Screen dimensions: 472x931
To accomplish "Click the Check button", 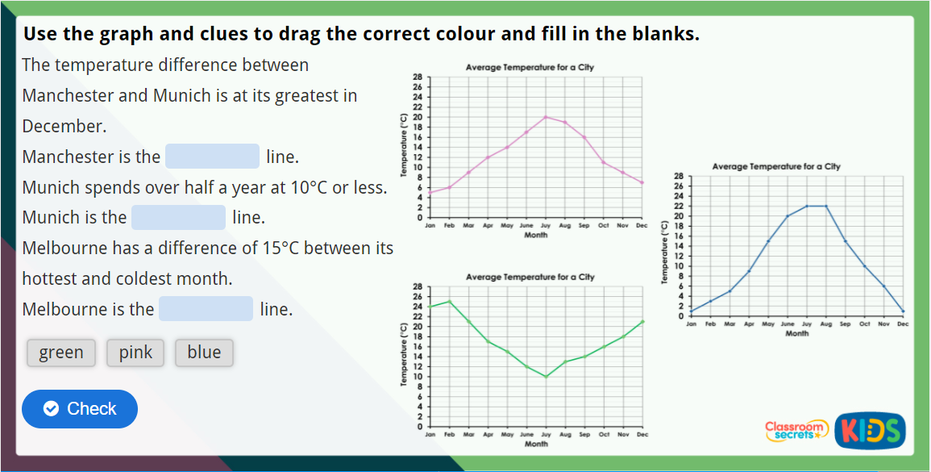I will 80,409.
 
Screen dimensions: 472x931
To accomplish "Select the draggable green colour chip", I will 61,353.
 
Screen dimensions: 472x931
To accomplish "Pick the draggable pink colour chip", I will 135,353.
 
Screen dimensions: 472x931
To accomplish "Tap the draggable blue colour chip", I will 204,353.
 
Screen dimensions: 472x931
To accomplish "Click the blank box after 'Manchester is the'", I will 212,157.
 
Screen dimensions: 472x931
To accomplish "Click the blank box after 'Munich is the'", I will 178,218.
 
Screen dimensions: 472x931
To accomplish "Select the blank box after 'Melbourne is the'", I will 206,309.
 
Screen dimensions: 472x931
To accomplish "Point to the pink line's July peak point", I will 546,117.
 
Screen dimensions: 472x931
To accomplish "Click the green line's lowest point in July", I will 546,376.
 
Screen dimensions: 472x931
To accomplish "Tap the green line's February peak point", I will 449,302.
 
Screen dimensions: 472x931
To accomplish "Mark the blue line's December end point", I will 903,311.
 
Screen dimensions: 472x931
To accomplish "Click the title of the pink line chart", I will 530,68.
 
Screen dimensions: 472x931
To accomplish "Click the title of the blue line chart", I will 776,167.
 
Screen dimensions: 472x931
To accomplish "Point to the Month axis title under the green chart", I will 536,444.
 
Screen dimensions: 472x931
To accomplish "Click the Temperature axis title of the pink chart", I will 404,146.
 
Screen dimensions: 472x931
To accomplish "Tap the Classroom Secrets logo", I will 796,430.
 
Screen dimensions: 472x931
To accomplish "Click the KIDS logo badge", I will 871,430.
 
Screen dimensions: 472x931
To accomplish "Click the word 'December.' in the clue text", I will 64,127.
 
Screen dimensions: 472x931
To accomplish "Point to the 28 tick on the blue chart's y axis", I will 680,176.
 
